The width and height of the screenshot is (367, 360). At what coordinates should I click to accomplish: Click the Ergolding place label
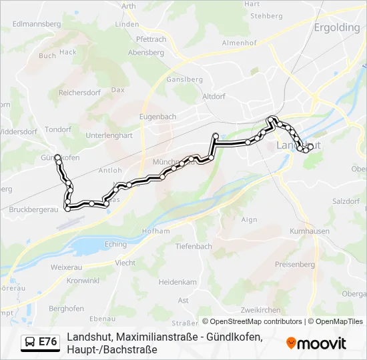pyautogui.click(x=337, y=29)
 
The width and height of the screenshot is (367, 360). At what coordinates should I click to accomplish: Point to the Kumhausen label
pyautogui.click(x=310, y=231)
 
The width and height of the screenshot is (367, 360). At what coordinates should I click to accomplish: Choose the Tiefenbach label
pyautogui.click(x=194, y=247)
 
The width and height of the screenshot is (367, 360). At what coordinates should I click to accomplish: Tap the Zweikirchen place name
pyautogui.click(x=260, y=310)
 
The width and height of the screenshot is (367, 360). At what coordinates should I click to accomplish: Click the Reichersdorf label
pyautogui.click(x=80, y=93)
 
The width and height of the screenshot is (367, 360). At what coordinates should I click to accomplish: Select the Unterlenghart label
pyautogui.click(x=110, y=135)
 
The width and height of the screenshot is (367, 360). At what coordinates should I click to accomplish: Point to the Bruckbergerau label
pyautogui.click(x=34, y=209)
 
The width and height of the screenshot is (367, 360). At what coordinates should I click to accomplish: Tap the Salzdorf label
pyautogui.click(x=346, y=201)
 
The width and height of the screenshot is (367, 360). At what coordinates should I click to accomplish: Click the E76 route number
pyautogui.click(x=47, y=342)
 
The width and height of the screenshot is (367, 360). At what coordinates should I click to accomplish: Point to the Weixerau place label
pyautogui.click(x=65, y=267)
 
